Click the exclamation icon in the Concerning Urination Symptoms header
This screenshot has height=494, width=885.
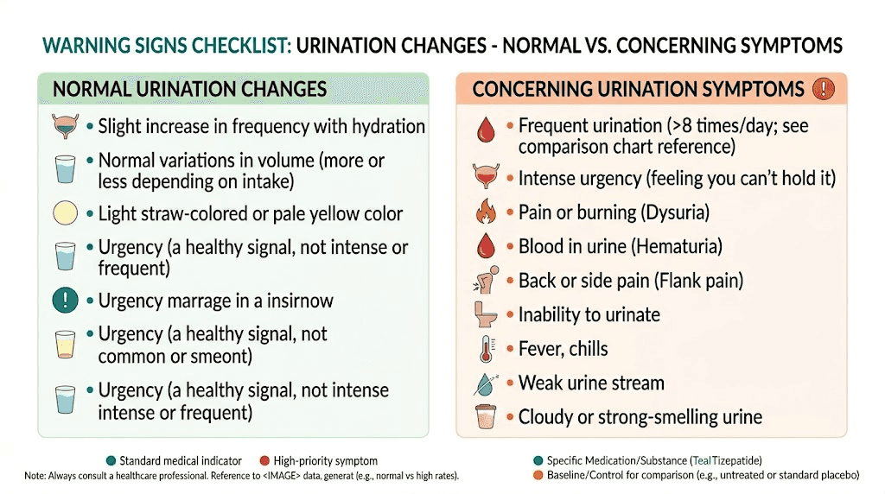coord(824,88)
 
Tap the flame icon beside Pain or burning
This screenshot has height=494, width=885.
coord(485,212)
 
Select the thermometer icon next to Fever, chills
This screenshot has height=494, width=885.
coord(485,349)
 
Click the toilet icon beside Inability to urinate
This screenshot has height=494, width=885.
coord(485,314)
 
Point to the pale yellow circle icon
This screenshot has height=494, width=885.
coord(66,213)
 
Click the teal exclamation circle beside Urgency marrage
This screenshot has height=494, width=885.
coord(66,301)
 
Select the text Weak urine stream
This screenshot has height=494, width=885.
coord(591,383)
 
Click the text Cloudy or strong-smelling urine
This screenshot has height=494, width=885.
coord(640,417)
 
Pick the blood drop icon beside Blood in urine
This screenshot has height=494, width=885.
coord(485,247)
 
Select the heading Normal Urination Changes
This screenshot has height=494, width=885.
coord(189,88)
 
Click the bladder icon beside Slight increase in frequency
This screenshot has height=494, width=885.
coord(66,127)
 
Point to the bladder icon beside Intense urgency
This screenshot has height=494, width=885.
coord(485,178)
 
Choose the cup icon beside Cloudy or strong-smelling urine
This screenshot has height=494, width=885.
coord(485,417)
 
